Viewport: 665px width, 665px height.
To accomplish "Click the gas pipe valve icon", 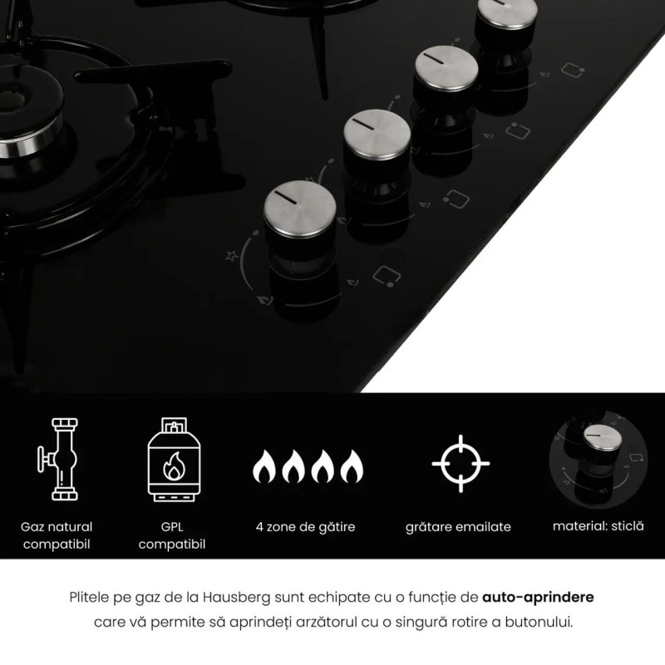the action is (x=58, y=459).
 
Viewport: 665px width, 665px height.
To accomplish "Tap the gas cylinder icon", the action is (x=174, y=460).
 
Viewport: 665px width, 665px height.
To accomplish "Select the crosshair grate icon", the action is (x=461, y=464).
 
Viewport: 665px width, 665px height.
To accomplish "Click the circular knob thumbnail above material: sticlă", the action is (x=598, y=460).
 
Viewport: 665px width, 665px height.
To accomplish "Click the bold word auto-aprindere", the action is (x=538, y=597).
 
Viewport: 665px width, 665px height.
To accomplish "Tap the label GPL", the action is (x=172, y=527).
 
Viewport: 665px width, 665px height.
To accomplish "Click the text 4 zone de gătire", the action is (x=305, y=527).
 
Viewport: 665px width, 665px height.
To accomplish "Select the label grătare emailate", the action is (x=458, y=527).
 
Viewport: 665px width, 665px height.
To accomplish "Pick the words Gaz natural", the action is (x=57, y=527).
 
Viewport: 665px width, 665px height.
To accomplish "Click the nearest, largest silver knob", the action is (x=300, y=209).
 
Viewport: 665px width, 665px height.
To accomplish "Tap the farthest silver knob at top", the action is (x=507, y=12).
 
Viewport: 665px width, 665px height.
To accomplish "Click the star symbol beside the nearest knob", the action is (x=232, y=255).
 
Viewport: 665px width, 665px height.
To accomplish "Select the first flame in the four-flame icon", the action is (x=264, y=466).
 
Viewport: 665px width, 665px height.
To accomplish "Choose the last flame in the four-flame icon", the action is (x=352, y=466).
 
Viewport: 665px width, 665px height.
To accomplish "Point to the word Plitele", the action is (x=89, y=597).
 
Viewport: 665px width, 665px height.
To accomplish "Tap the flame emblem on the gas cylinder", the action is (x=174, y=466).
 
